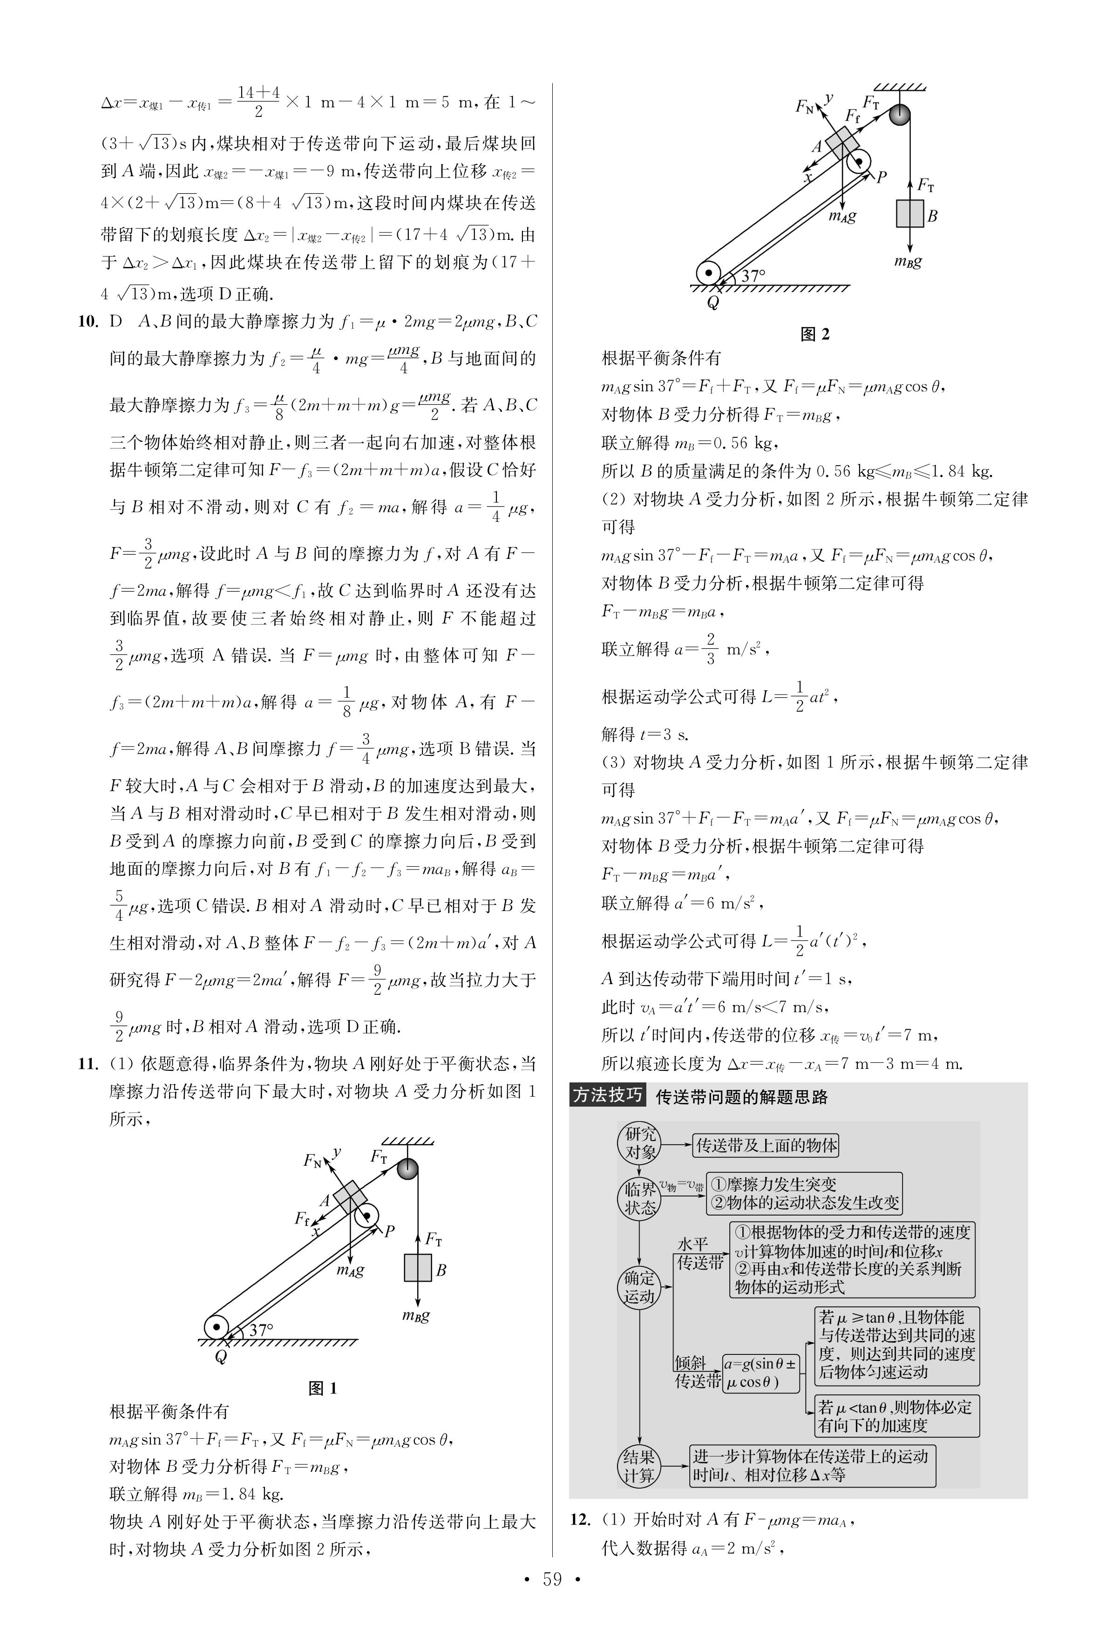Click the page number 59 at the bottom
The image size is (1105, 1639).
point(552,1599)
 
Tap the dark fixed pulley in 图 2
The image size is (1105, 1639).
point(899,114)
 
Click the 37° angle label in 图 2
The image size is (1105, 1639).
point(752,276)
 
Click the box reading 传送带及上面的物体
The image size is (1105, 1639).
point(766,1146)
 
